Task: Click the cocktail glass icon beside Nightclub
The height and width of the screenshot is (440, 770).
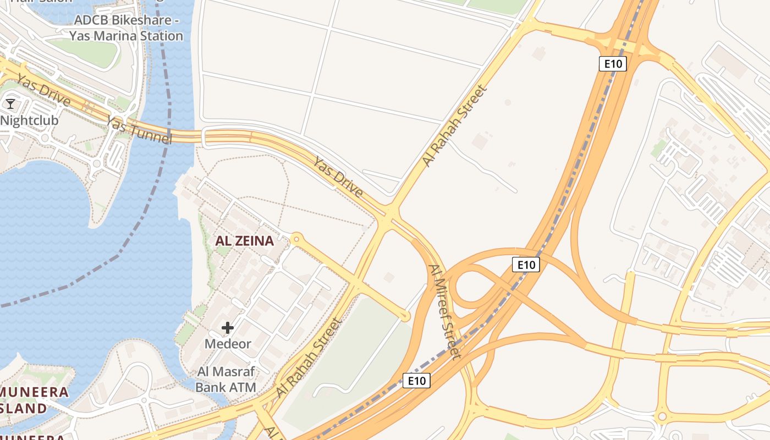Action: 10,103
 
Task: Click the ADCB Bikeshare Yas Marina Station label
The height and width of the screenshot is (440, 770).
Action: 126,28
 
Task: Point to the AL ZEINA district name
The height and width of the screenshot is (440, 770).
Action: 244,241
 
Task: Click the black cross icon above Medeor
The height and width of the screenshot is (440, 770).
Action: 227,328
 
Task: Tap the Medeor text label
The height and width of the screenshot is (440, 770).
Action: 228,344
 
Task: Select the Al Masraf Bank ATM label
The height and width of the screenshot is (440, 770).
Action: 226,380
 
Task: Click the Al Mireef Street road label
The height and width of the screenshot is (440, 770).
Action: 445,312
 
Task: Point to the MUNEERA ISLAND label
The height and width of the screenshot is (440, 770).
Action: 33,400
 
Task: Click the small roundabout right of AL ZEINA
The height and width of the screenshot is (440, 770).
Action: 297,239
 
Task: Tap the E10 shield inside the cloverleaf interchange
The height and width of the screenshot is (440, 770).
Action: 526,265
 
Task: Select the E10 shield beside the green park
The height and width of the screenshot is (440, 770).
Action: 416,381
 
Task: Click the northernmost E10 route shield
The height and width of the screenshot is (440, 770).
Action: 613,64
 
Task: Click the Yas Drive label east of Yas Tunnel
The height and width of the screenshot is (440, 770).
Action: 338,177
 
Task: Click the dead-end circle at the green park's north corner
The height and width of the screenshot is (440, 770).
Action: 405,316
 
